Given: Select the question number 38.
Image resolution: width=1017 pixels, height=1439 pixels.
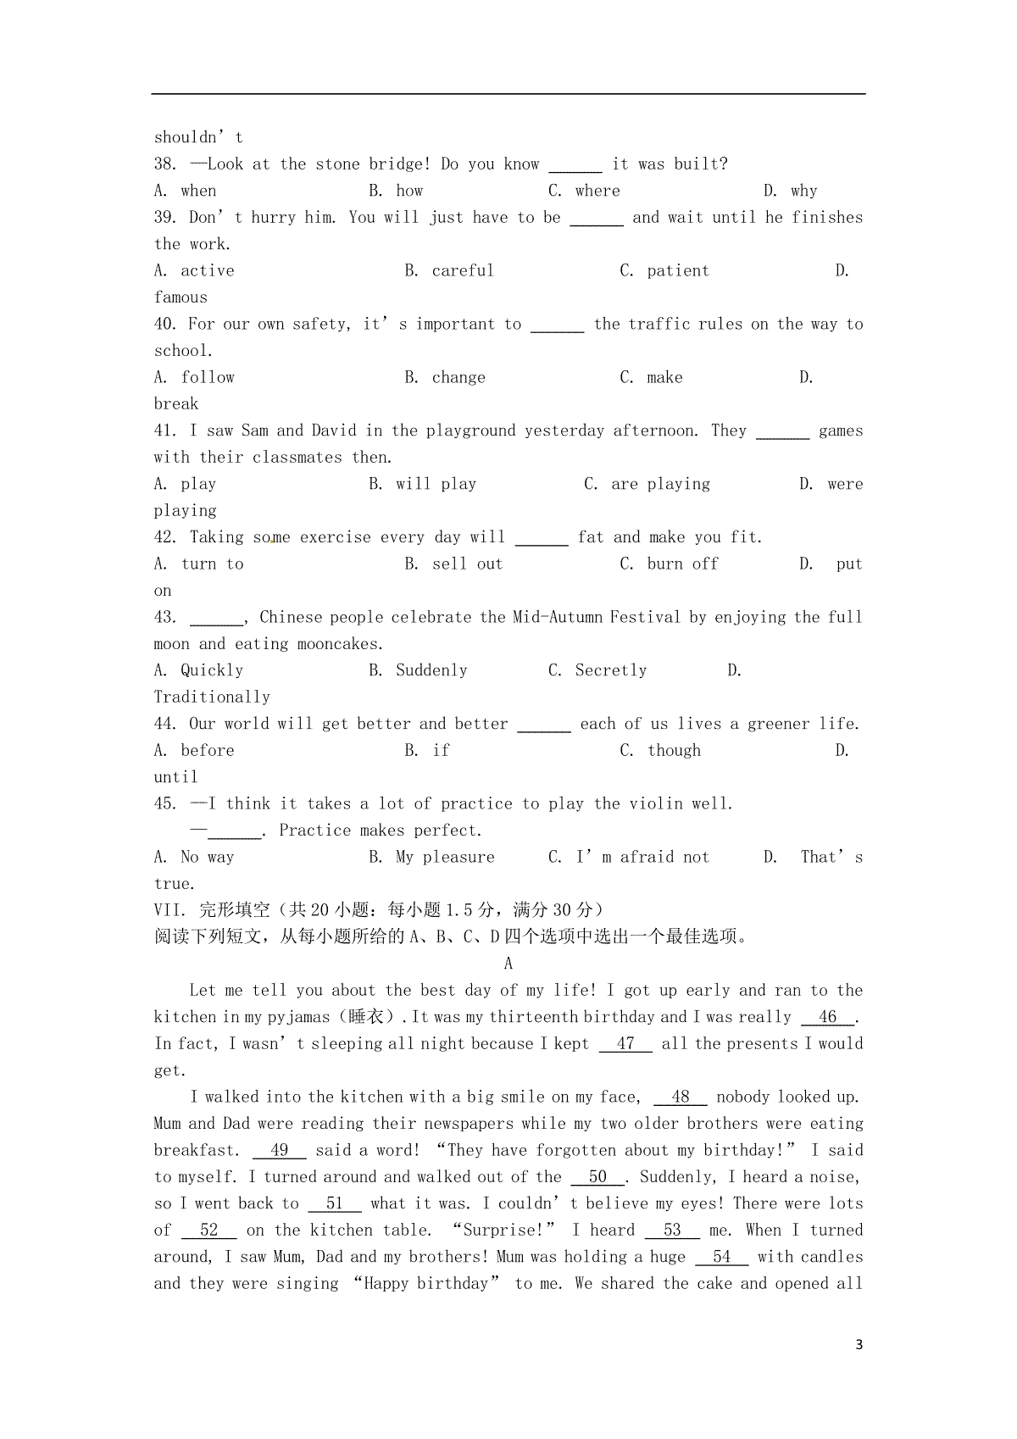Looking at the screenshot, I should coord(164,164).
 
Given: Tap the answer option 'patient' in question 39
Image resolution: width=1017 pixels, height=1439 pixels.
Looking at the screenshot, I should coord(678,271).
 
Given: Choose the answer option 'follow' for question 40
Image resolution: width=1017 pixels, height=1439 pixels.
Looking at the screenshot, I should coord(208,378).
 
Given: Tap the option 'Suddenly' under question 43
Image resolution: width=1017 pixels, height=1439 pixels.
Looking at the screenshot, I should coord(431,671).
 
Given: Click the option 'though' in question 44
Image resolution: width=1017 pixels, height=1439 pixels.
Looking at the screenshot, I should coord(674,751).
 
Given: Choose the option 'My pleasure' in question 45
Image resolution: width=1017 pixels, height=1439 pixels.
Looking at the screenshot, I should coord(445,858).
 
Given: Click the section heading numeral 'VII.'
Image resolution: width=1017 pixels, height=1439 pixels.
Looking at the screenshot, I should coord(169,910).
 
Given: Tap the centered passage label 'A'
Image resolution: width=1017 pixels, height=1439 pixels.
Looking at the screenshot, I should coord(508,964).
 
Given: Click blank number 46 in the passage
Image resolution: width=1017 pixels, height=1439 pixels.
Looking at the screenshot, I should coord(828,1017).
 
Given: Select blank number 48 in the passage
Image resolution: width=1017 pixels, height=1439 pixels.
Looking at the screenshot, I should coord(681,1097).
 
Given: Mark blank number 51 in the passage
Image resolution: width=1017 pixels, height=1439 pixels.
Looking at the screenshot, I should coord(335,1204).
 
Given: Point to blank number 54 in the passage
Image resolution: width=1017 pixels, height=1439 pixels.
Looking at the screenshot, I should coord(721,1258).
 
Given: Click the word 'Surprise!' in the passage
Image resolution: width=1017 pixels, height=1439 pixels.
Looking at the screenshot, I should coord(506,1231).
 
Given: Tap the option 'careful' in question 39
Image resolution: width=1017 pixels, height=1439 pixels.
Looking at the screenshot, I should coord(463,271).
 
